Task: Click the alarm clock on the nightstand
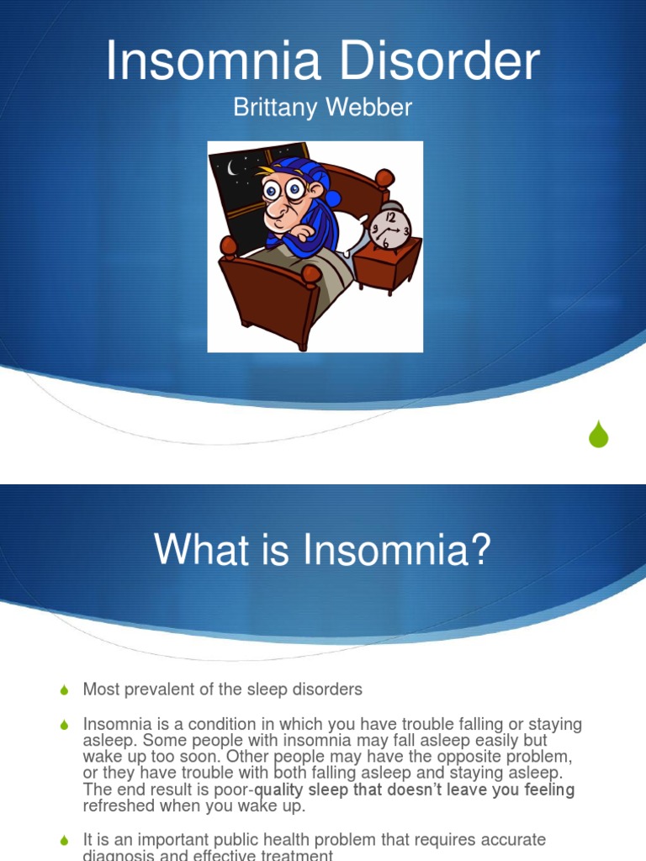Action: tap(389, 225)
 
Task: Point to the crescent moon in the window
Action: tap(232, 168)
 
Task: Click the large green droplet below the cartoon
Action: tap(598, 434)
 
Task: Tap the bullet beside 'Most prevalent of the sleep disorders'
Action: tap(65, 690)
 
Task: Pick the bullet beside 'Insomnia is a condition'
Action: tap(65, 725)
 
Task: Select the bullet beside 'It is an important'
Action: tap(65, 840)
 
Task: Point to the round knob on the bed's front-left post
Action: tap(228, 246)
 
